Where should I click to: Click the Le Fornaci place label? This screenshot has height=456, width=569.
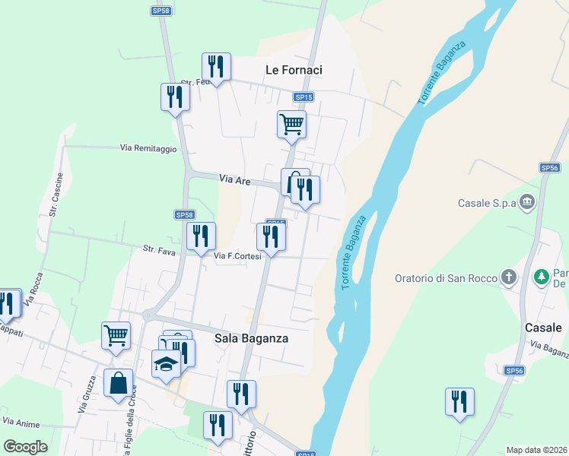(x=294, y=70)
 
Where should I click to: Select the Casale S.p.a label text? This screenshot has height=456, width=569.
(x=488, y=203)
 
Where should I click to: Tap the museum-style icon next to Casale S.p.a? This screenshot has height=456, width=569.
(x=529, y=203)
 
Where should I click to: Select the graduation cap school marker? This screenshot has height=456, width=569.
(x=166, y=364)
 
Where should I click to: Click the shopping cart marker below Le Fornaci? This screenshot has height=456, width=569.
(x=291, y=124)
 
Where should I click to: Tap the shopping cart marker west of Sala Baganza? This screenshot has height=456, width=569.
(x=116, y=335)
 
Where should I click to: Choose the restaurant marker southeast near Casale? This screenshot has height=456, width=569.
(x=459, y=402)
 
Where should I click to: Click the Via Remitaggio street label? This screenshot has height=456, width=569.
(x=148, y=148)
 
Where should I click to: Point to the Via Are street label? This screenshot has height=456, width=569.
(x=235, y=179)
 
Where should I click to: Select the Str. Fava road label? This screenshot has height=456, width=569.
(x=161, y=249)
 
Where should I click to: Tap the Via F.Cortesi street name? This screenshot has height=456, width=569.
(x=237, y=256)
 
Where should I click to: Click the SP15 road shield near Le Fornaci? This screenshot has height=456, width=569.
(x=304, y=97)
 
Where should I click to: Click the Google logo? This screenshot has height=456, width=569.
(x=25, y=446)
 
